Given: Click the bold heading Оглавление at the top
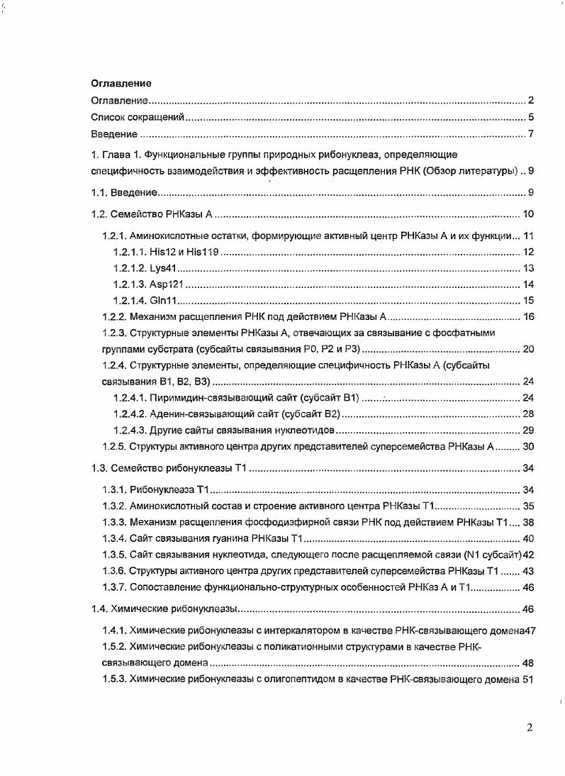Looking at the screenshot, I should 121,84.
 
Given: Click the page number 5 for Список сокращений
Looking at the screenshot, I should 530,118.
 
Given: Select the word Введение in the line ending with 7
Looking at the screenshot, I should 114,135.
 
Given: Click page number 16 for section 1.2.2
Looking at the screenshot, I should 527,316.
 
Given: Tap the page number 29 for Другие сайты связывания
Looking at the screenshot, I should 527,431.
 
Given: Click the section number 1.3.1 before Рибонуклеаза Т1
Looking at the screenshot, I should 114,490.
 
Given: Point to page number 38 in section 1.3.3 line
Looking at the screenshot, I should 527,523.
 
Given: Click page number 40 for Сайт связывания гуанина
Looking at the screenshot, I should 527,539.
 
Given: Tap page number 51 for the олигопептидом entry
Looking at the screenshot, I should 527,679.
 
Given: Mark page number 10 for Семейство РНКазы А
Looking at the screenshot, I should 527,215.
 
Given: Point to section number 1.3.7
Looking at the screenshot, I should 114,587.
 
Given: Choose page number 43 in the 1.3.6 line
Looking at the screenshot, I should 527,572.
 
